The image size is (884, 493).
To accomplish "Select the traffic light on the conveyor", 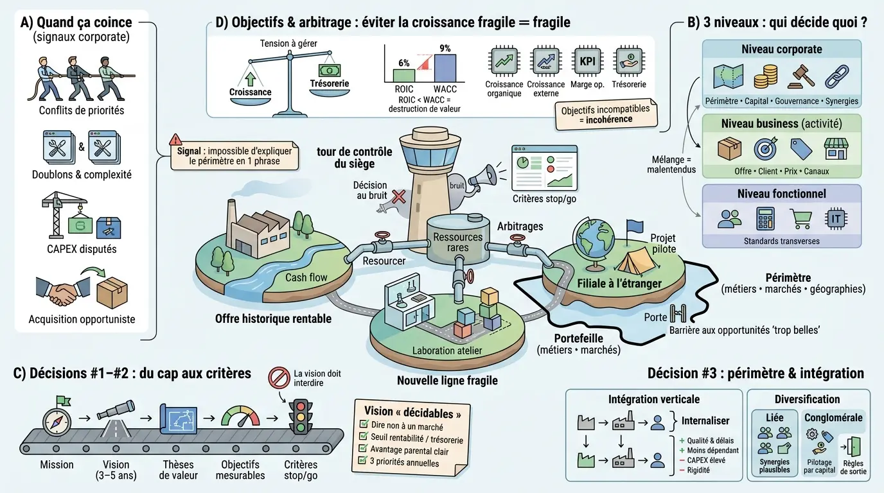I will pos(300,419).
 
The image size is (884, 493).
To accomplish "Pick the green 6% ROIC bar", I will pos(404,75).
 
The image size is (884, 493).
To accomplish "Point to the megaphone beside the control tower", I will pos(486,175).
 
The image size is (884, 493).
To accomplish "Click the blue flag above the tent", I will pos(634,227).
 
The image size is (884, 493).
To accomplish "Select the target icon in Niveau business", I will pos(766,148).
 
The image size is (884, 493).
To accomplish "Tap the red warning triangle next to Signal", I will pos(175,139).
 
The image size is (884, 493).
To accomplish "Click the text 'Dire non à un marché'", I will pos(407,426).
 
